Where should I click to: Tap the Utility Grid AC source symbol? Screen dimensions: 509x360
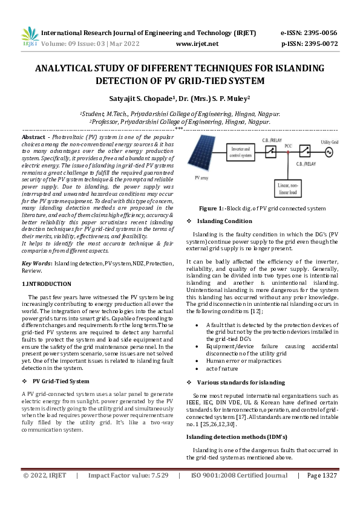(330, 152)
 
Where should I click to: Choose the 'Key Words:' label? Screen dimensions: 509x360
(36, 264)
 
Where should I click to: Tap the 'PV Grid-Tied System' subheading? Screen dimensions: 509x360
(61, 381)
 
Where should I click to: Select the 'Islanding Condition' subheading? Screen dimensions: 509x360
(224, 221)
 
